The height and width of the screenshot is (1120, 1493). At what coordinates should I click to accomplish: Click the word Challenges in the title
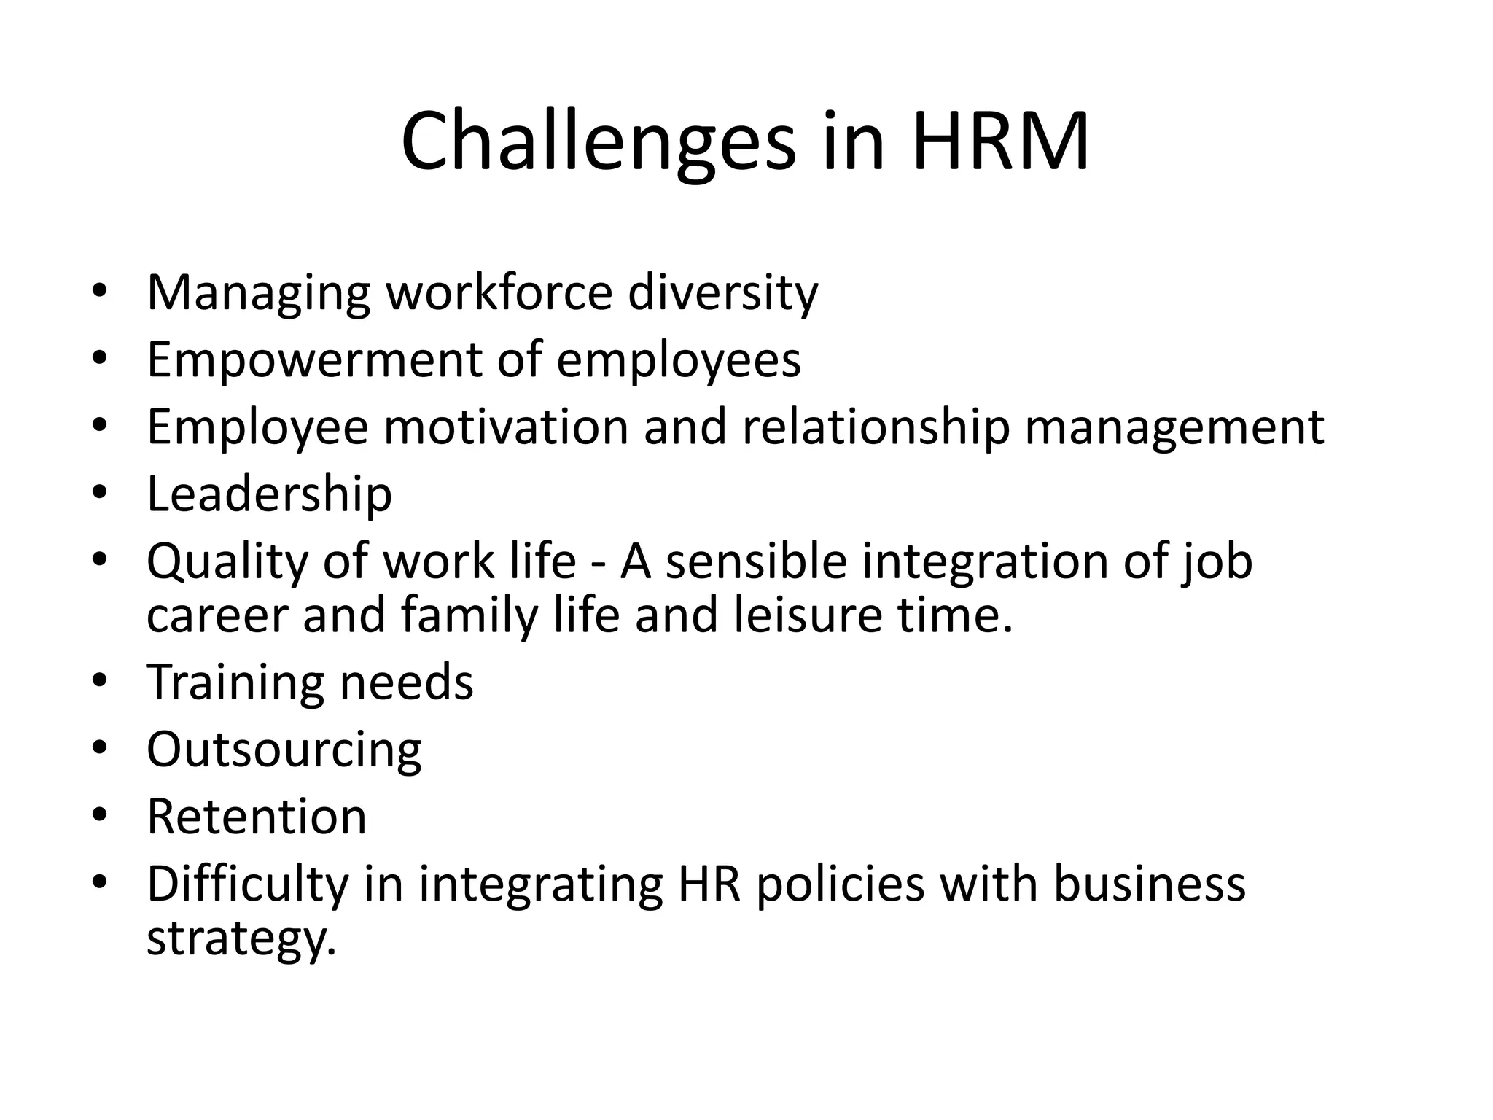(x=598, y=142)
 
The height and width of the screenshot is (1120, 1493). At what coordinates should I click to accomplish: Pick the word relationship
(x=876, y=427)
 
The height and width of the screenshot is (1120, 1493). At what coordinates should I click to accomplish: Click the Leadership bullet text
(x=269, y=494)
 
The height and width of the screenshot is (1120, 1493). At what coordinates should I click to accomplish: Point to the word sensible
(x=756, y=561)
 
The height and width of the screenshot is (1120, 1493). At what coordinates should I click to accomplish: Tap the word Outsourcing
(x=284, y=750)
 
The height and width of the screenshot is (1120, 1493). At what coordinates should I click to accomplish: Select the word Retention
(x=257, y=817)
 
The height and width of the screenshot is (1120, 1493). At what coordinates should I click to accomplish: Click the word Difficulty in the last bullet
(x=248, y=885)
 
